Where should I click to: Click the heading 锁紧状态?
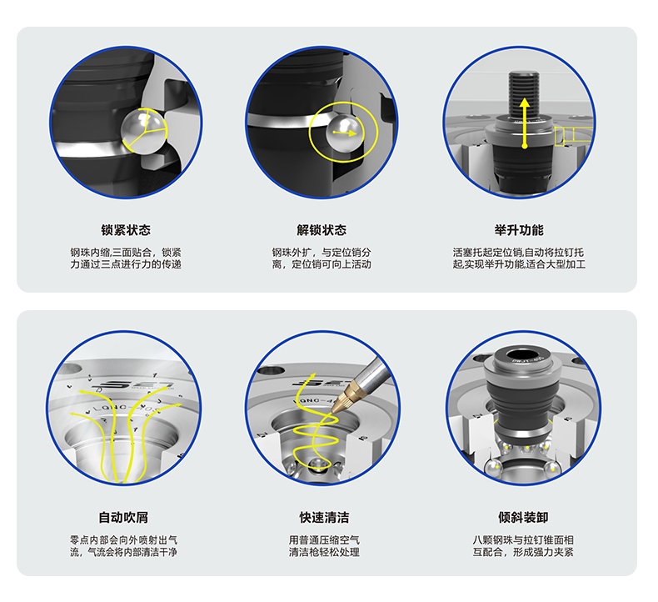point(126,230)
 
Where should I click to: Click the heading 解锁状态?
point(322,230)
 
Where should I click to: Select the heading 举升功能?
point(519,230)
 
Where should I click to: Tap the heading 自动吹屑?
point(123,517)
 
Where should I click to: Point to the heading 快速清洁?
point(324,517)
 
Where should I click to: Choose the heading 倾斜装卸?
point(523,517)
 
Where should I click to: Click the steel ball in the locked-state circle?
point(143,131)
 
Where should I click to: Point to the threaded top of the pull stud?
point(524,93)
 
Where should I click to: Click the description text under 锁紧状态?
point(126,258)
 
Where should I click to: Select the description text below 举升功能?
point(519,258)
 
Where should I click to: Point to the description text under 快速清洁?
point(324,545)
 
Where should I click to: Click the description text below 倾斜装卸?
point(523,545)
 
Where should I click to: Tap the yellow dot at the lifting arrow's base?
point(524,146)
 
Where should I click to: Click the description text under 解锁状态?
point(322,258)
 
